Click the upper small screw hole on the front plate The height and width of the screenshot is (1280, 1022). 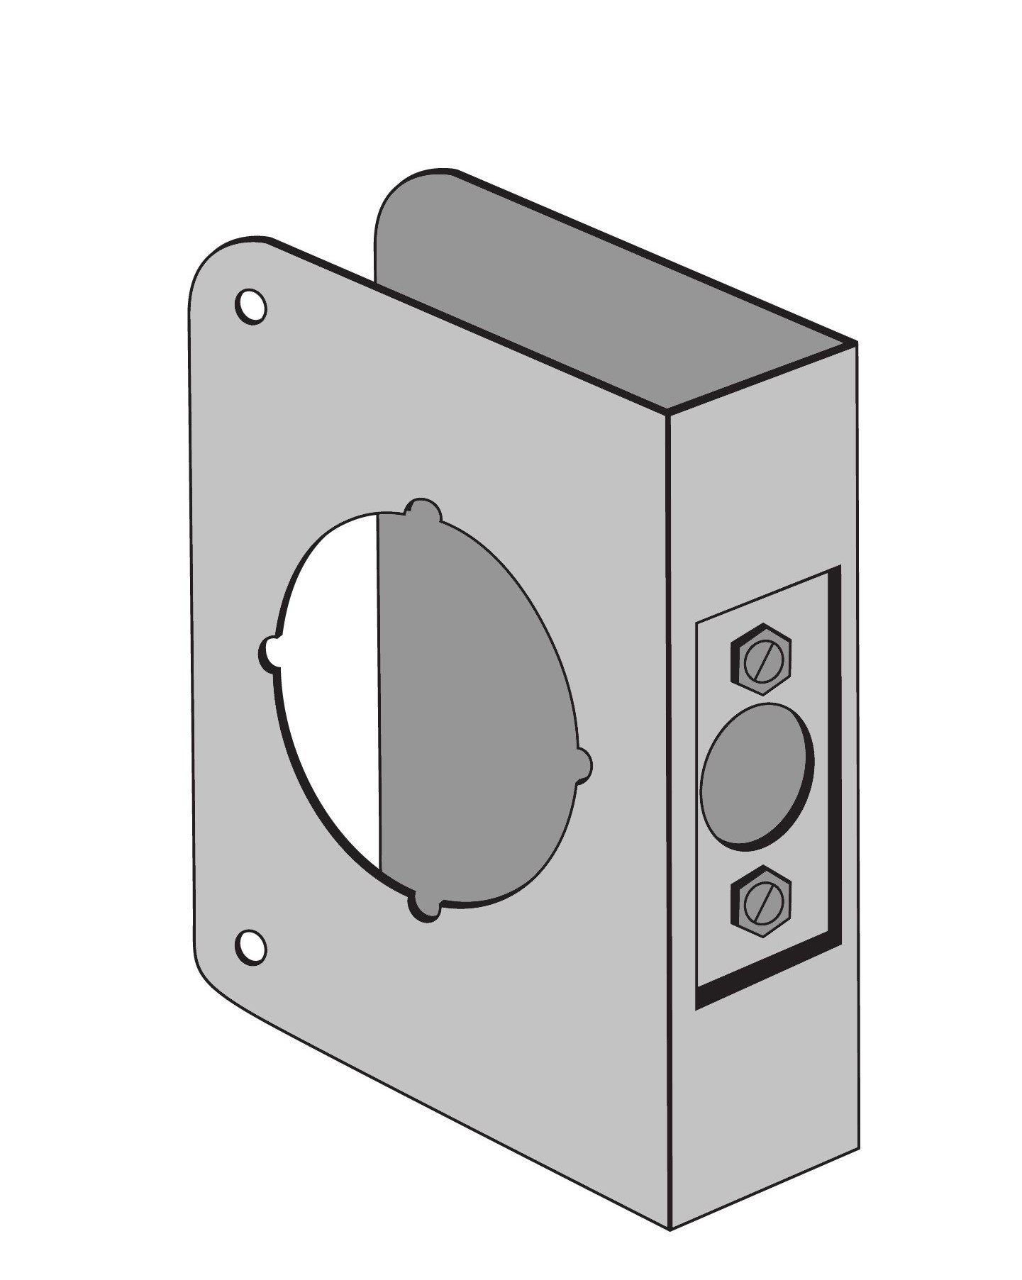250,307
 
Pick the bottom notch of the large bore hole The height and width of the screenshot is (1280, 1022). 423,910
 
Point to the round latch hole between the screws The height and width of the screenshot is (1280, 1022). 757,777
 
